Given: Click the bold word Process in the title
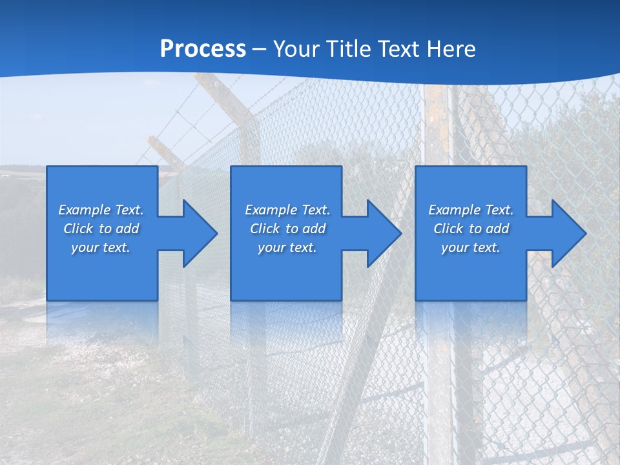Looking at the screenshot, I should pos(203,48).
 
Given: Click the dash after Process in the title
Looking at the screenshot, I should pos(260,50).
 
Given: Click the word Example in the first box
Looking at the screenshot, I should pos(85,210).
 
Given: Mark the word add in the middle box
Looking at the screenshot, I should pos(314,229).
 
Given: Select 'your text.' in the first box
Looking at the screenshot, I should pos(101,247).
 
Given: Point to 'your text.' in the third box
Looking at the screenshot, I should pos(471,247).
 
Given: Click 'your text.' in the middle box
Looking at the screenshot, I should pos(287,247).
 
